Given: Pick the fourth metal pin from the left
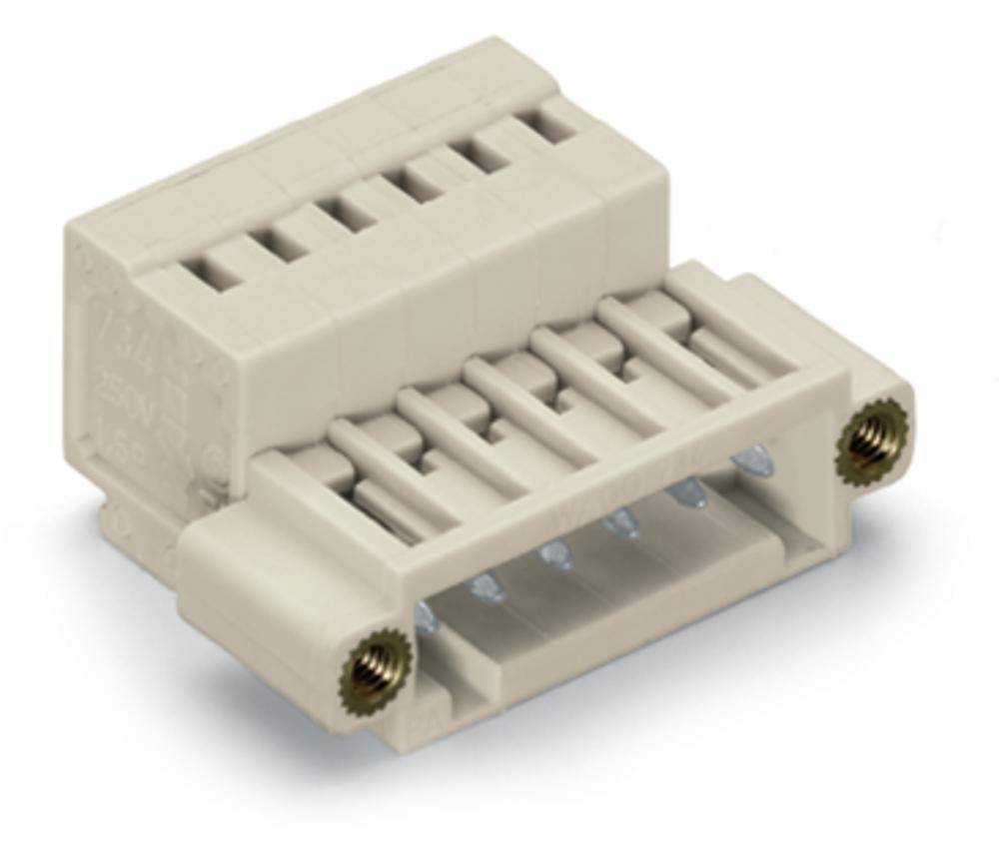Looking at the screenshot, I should [x=620, y=520].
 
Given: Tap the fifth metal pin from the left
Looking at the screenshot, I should [x=684, y=492].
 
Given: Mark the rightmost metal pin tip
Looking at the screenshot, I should [x=747, y=460].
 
